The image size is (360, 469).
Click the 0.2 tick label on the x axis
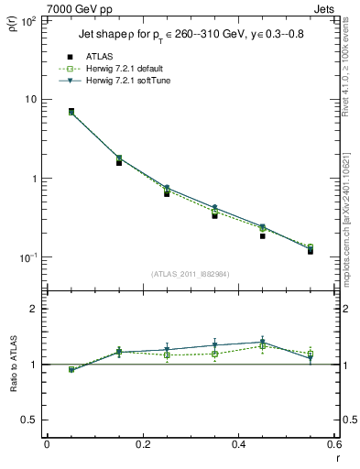(142, 444)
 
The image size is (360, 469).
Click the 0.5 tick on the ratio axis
(33, 420)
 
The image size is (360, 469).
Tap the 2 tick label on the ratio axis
(37, 309)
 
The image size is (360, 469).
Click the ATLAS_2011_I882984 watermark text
(191, 274)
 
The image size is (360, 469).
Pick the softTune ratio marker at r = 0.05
(71, 370)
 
